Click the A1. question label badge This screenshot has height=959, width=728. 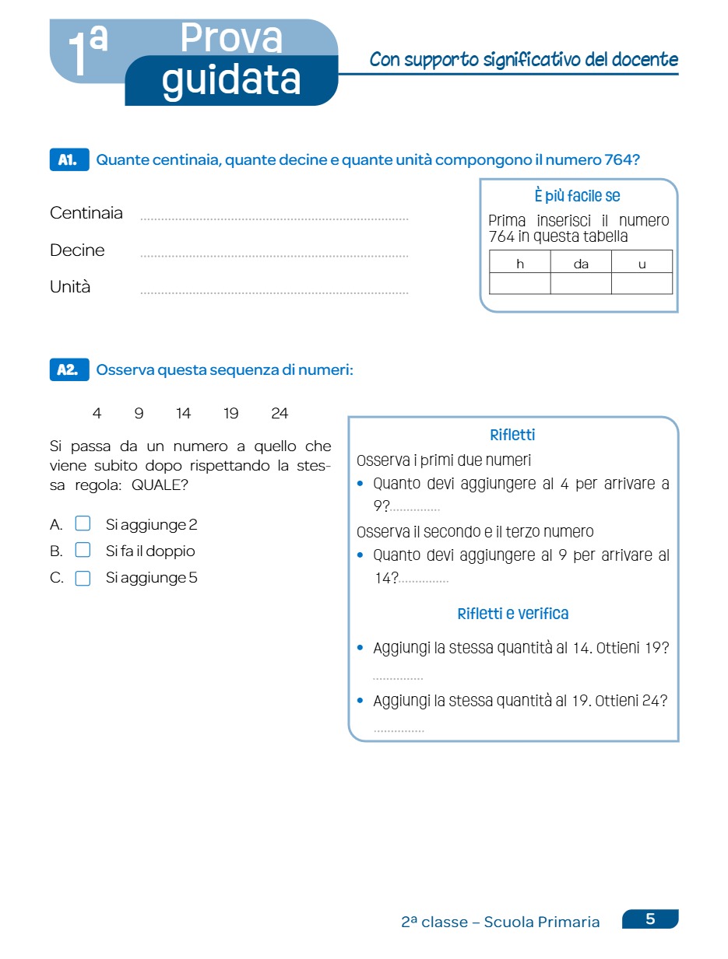(69, 160)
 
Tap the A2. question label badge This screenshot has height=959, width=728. (69, 370)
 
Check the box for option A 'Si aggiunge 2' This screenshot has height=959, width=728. (83, 524)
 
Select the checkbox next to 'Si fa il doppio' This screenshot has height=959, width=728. (83, 551)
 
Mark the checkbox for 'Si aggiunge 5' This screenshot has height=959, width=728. (83, 578)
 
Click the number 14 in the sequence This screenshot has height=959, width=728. (184, 414)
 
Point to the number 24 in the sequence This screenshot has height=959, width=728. (280, 414)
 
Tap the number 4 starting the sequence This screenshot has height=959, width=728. (97, 414)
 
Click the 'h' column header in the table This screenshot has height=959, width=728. (520, 264)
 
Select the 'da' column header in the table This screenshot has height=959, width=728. (581, 264)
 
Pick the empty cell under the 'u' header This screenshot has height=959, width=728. (642, 283)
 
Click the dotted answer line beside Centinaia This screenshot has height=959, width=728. (274, 219)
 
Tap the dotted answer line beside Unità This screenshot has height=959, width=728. (274, 292)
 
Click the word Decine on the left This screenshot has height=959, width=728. (77, 250)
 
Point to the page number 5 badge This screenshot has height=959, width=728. (650, 919)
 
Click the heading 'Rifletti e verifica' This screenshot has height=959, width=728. (513, 614)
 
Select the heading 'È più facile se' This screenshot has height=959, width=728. (579, 196)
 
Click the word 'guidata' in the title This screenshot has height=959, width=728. (231, 80)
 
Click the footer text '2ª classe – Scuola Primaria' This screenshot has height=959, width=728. (501, 922)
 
